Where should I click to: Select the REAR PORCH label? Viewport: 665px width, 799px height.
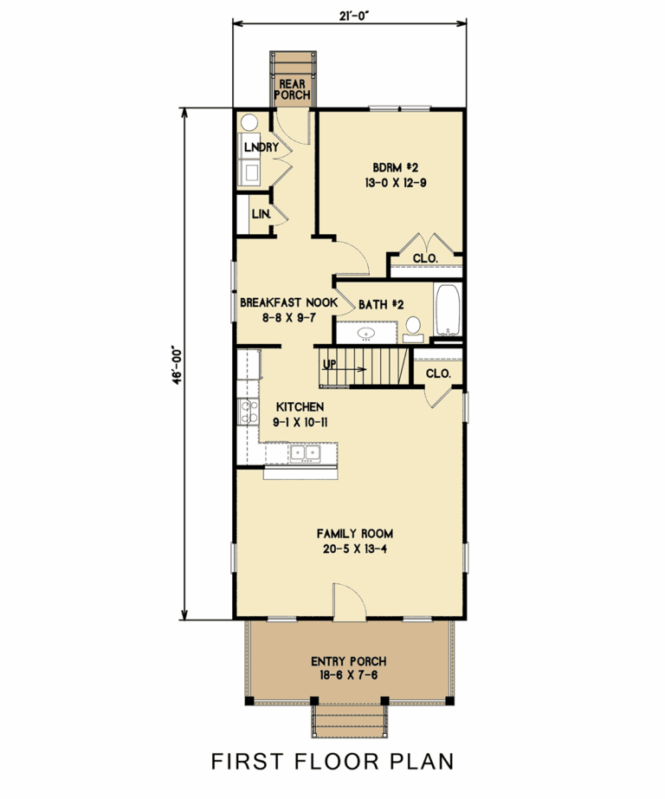tap(293, 89)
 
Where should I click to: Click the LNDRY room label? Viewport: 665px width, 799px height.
tap(261, 147)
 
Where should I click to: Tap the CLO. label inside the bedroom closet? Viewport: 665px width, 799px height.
tap(424, 258)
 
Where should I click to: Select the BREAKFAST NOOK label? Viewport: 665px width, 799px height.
tap(288, 302)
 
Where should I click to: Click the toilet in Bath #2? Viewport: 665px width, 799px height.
tap(412, 326)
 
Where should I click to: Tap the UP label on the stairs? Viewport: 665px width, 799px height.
tap(329, 364)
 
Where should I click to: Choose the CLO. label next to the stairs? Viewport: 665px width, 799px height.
tap(438, 374)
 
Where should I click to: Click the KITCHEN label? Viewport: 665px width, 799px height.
tap(300, 406)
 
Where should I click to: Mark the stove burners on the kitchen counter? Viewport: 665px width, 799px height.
tap(247, 413)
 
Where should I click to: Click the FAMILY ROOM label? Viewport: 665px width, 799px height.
tap(349, 534)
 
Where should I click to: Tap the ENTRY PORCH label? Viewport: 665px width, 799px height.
tap(349, 662)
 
